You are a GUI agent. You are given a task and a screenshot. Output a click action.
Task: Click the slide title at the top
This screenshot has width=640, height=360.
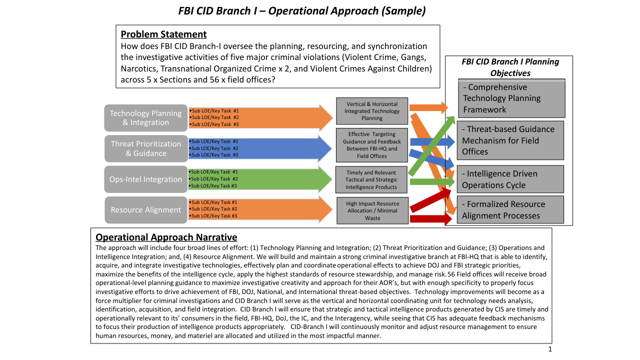pos(302,10)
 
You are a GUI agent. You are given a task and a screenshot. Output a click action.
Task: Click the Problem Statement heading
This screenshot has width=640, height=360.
pos(163,34)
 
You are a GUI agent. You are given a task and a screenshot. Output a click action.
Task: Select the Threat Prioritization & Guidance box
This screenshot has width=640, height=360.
pos(146,148)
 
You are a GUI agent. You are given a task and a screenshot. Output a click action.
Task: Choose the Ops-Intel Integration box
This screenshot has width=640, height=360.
pos(146,179)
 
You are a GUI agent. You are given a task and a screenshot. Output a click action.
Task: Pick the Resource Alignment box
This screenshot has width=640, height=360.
pos(146,210)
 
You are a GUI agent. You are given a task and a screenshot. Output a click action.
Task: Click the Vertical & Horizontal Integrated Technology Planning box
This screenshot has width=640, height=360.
pos(372,111)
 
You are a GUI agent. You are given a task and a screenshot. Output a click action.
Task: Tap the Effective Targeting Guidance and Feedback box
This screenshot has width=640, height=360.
pos(372,145)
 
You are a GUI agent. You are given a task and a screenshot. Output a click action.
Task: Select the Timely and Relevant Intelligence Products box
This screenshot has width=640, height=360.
pos(372,180)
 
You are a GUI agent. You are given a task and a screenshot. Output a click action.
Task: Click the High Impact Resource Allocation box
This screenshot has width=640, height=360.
pos(372,210)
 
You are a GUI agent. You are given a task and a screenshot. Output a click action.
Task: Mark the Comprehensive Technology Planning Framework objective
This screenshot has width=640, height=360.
pos(511,98)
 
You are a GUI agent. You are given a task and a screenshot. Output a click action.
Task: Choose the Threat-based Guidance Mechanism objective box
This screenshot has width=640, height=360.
pos(510,140)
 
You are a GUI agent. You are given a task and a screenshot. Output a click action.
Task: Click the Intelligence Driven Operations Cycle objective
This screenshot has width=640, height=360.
pos(510,179)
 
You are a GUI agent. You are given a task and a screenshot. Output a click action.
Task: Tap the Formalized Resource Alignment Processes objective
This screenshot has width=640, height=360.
pos(510,210)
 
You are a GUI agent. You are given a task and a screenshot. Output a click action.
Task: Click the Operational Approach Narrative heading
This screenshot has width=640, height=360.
pos(166,237)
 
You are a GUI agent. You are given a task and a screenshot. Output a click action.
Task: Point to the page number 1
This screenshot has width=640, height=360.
pos(550,349)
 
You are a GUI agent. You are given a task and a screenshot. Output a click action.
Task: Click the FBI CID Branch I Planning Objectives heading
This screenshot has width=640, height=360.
pos(510,67)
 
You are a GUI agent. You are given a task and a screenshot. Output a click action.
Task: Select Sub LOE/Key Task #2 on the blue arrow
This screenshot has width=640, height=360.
pos(214,148)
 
